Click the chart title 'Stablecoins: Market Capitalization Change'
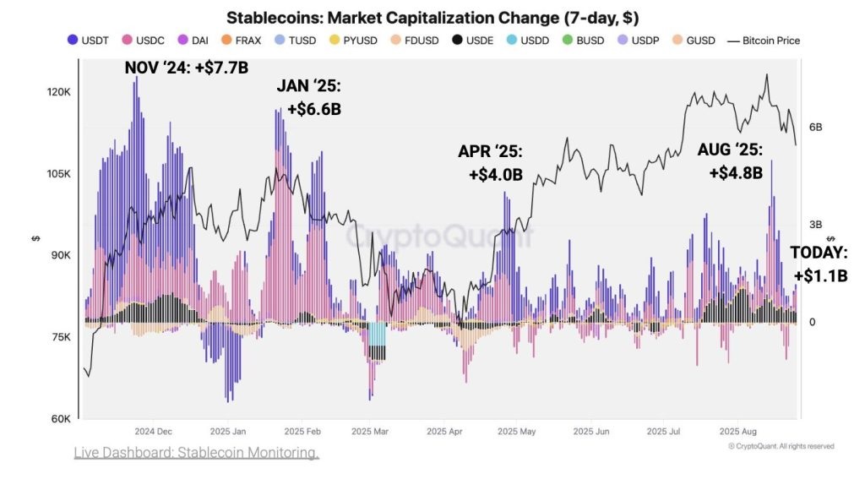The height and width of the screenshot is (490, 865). pyautogui.click(x=432, y=18)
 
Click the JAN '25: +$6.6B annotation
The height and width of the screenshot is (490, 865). pyautogui.click(x=309, y=97)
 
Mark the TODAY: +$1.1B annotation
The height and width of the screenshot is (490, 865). pyautogui.click(x=819, y=264)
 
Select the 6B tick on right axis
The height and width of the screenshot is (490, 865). pyautogui.click(x=815, y=128)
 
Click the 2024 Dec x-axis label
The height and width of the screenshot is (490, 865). pyautogui.click(x=153, y=430)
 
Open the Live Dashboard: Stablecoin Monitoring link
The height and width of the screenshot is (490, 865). pyautogui.click(x=197, y=454)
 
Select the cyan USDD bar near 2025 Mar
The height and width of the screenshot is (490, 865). pyautogui.click(x=377, y=334)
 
